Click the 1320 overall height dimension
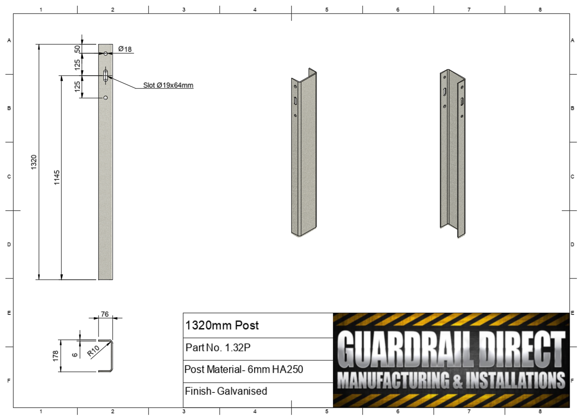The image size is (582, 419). [34, 162]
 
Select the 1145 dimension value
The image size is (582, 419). [57, 177]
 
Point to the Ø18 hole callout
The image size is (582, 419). [125, 49]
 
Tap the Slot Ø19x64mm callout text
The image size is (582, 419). [168, 85]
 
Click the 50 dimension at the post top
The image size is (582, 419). [77, 49]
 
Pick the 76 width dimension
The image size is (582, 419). [105, 314]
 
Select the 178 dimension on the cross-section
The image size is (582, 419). [55, 356]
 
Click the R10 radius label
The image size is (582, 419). [93, 351]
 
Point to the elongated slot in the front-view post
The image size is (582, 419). [106, 76]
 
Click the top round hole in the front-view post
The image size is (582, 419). [106, 53]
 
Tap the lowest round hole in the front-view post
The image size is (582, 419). [106, 98]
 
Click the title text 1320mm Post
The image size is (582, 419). [222, 325]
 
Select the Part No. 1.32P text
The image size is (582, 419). [218, 347]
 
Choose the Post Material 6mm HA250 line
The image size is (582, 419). [244, 369]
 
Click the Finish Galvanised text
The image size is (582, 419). [226, 391]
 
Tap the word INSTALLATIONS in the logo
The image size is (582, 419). [515, 380]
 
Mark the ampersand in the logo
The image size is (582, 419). [457, 381]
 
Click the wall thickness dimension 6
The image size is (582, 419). [75, 355]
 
